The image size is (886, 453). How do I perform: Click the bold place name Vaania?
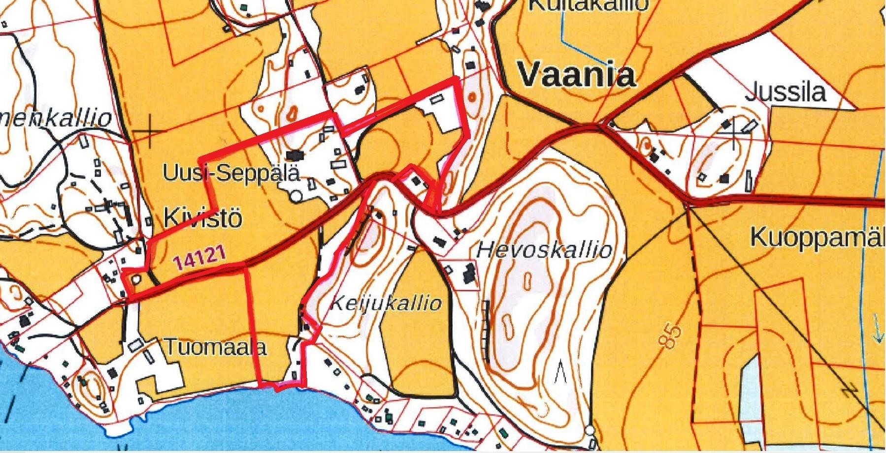point(576,76)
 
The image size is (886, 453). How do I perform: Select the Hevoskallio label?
point(544,250)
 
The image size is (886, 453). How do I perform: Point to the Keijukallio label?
point(385,303)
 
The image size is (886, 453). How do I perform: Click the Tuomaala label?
point(215,347)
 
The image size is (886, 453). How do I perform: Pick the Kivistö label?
point(202,217)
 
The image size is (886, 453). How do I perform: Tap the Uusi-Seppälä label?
point(231,173)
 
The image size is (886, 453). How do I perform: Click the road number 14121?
point(199,258)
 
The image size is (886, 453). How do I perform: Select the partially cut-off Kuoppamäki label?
point(818,238)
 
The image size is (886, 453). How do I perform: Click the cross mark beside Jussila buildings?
point(733,133)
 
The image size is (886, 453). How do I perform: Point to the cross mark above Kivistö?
point(149,131)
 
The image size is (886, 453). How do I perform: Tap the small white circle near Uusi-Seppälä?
point(296,196)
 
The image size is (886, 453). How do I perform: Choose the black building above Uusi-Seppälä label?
point(297,155)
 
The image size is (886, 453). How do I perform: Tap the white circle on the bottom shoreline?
point(590,431)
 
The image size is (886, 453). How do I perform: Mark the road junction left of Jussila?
point(599,126)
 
